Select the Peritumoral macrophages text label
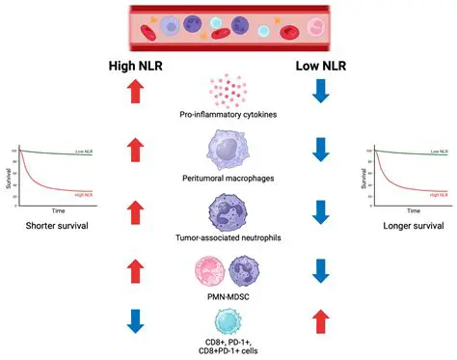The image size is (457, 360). (x=228, y=179)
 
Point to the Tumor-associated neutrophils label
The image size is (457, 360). (x=228, y=238)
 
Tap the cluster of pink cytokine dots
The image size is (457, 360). (x=228, y=90)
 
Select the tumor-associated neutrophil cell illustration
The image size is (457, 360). (x=228, y=211)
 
